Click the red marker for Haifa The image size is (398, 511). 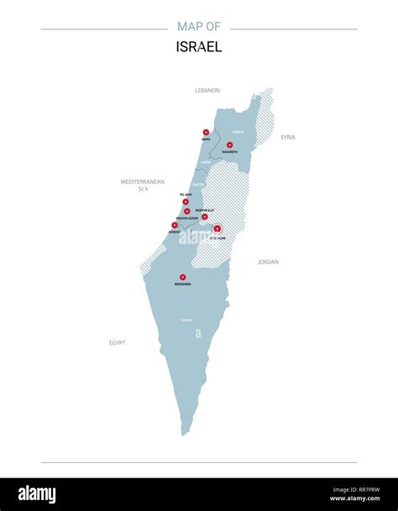(206, 132)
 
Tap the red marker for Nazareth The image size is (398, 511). (230, 145)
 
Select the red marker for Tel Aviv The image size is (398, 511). (186, 202)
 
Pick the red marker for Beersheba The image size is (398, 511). (182, 277)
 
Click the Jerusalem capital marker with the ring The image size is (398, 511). (217, 229)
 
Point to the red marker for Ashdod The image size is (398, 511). (175, 224)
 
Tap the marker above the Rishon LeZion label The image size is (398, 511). (187, 212)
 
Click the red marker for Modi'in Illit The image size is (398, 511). (204, 216)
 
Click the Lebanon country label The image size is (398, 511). (207, 90)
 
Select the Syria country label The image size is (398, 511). (288, 137)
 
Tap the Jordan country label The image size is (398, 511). (268, 262)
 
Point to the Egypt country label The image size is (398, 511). (117, 343)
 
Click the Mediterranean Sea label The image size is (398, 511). (143, 185)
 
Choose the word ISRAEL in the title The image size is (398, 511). (199, 48)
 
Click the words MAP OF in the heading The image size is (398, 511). (199, 27)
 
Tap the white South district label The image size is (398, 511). (186, 320)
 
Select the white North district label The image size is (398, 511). (238, 133)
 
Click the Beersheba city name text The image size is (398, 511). (182, 284)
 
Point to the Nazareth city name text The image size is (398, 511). (230, 152)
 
